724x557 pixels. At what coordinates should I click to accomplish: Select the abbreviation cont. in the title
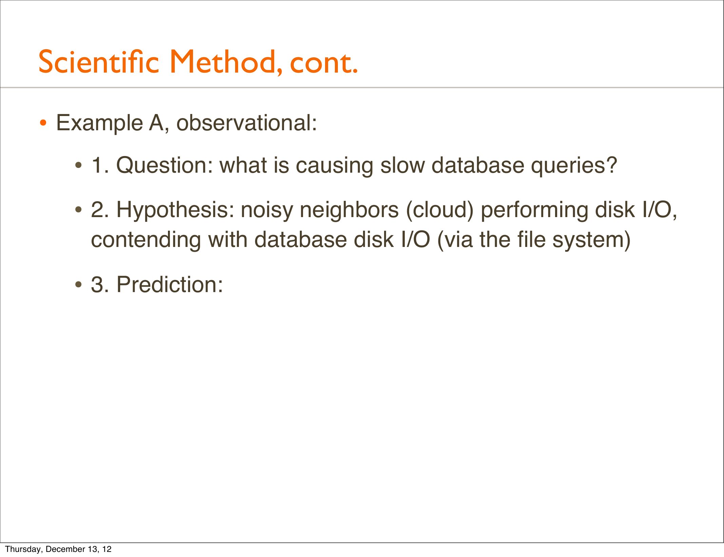(324, 63)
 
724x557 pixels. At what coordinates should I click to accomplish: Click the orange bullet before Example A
(43, 123)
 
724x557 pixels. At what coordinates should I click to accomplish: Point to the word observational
(247, 123)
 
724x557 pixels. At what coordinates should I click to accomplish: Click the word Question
(165, 166)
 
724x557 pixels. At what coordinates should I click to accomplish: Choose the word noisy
(267, 211)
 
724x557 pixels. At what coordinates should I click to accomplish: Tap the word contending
(146, 241)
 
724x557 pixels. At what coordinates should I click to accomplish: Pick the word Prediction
(170, 284)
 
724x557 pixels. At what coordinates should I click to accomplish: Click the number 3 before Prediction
(97, 284)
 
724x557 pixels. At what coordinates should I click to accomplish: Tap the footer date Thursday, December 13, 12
(58, 549)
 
